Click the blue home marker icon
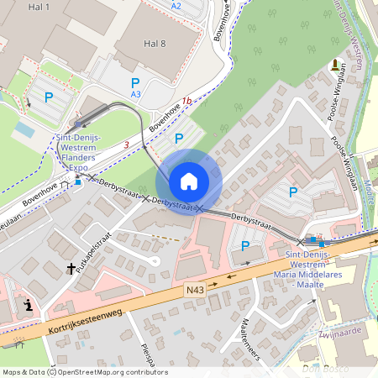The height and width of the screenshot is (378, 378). pos(189,181)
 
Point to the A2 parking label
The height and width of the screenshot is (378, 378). pos(176,6)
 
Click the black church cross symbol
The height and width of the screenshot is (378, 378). pos(71,269)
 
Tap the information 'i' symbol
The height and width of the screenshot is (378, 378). pos(29,306)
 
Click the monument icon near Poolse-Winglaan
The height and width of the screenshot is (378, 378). pos(334,64)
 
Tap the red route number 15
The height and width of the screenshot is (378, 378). pos(186,101)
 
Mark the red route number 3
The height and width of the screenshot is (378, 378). pos(126,145)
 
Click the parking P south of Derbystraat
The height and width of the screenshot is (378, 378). pos(245,246)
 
